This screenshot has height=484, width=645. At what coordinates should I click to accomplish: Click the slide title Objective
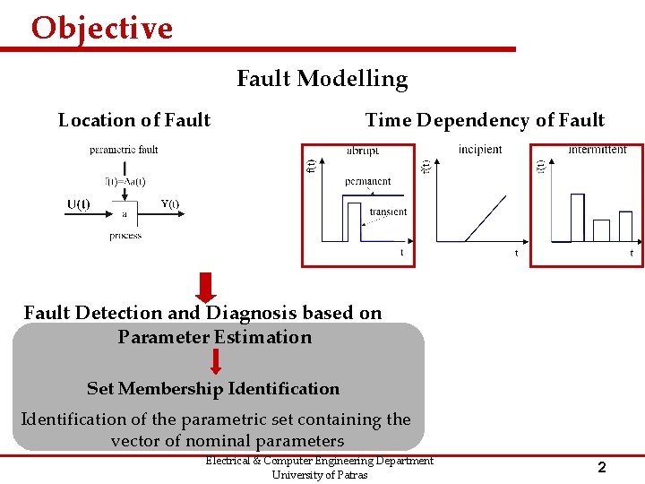[x=101, y=28]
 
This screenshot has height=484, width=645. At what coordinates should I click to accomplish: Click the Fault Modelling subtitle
[x=322, y=79]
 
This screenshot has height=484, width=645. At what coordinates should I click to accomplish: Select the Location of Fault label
[x=134, y=120]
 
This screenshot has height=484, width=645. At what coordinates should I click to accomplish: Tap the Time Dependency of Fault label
[x=485, y=120]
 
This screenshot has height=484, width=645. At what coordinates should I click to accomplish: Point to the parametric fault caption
[x=124, y=150]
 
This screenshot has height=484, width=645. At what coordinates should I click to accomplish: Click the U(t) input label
[x=79, y=203]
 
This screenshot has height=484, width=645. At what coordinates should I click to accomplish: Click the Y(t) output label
[x=170, y=203]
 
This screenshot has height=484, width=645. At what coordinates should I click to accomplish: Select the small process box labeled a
[x=125, y=213]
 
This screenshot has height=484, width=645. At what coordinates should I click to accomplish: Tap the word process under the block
[x=125, y=236]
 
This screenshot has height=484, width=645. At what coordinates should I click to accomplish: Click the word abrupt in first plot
[x=363, y=151]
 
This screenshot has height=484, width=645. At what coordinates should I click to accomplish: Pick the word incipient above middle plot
[x=480, y=150]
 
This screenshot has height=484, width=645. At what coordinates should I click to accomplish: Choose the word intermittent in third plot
[x=598, y=150]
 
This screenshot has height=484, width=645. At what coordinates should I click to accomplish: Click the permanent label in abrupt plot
[x=367, y=182]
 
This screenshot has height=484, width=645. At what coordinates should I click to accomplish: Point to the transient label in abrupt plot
[x=388, y=212]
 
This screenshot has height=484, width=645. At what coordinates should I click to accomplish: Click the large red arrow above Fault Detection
[x=206, y=287]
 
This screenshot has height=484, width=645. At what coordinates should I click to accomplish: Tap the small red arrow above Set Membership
[x=215, y=361]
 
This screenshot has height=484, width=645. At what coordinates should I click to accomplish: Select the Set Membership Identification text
[x=213, y=389]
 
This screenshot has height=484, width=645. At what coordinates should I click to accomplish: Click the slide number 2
[x=602, y=467]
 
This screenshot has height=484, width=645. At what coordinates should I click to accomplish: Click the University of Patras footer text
[x=320, y=474]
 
